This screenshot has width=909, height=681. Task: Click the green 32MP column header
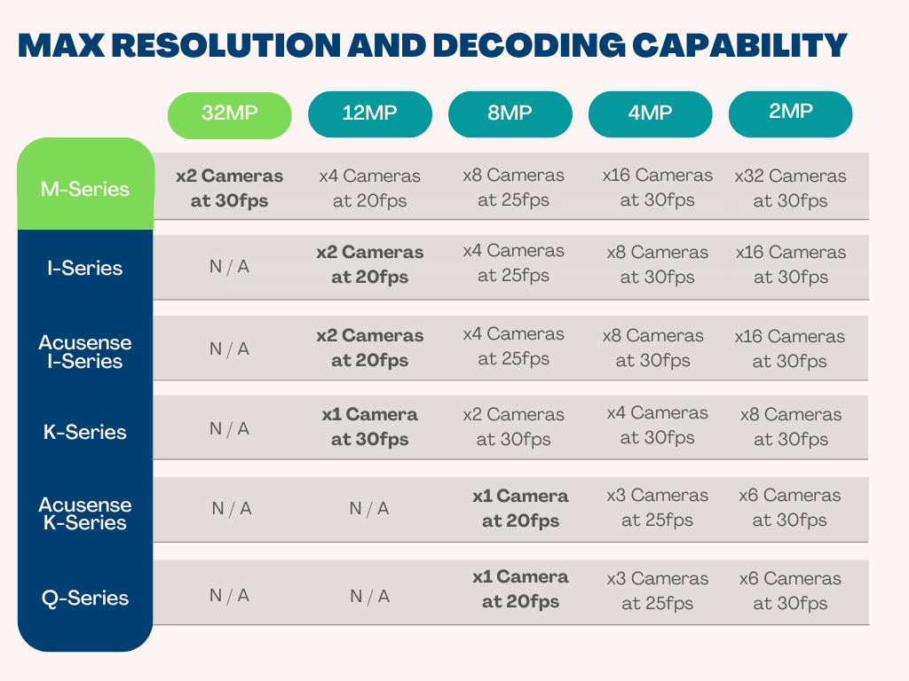230,114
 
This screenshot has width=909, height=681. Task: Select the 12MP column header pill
369,113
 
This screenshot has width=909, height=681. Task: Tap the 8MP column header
510,113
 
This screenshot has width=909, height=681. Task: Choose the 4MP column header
650,113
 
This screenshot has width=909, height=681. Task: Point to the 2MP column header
790,113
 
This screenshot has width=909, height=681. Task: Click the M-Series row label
85,189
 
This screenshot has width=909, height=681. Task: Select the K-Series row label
85,432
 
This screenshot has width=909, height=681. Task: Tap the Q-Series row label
85,598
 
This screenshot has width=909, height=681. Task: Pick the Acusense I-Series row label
85,351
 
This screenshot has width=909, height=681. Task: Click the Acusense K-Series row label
85,513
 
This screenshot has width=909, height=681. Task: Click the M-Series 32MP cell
229,188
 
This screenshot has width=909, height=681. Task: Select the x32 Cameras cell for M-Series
790,188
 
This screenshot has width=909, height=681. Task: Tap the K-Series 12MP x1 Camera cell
369,427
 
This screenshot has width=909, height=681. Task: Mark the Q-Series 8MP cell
520,589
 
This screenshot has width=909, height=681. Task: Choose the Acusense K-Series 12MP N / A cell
369,508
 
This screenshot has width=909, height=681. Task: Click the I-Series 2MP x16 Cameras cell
790,264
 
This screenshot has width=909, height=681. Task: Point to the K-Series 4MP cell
657,425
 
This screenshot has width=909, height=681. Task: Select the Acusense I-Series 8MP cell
513,347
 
